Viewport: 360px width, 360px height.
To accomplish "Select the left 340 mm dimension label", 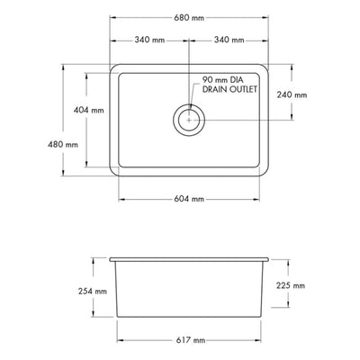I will [x=150, y=40].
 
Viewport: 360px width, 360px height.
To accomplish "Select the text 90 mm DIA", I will [x=225, y=79].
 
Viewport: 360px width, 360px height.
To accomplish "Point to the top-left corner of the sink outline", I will [x=112, y=64].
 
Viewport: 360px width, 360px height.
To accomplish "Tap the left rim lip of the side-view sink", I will [x=110, y=258].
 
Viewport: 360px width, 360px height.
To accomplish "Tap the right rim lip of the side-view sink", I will [x=268, y=258].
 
